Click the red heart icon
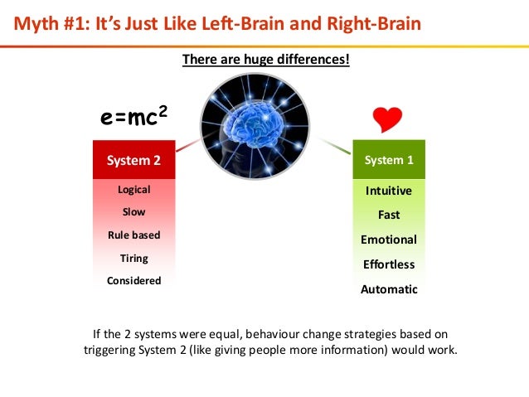pyautogui.click(x=387, y=119)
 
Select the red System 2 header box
pyautogui.click(x=133, y=160)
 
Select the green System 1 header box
pyautogui.click(x=388, y=160)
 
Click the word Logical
pyautogui.click(x=133, y=190)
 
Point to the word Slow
pyautogui.click(x=133, y=212)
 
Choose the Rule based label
pyautogui.click(x=133, y=235)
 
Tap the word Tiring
pyautogui.click(x=133, y=258)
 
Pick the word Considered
pyautogui.click(x=133, y=280)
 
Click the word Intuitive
pyautogui.click(x=388, y=191)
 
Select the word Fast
pyautogui.click(x=388, y=215)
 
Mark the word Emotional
pyautogui.click(x=388, y=240)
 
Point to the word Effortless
pyautogui.click(x=388, y=264)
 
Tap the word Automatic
pyautogui.click(x=388, y=289)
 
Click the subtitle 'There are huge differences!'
pyautogui.click(x=265, y=59)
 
